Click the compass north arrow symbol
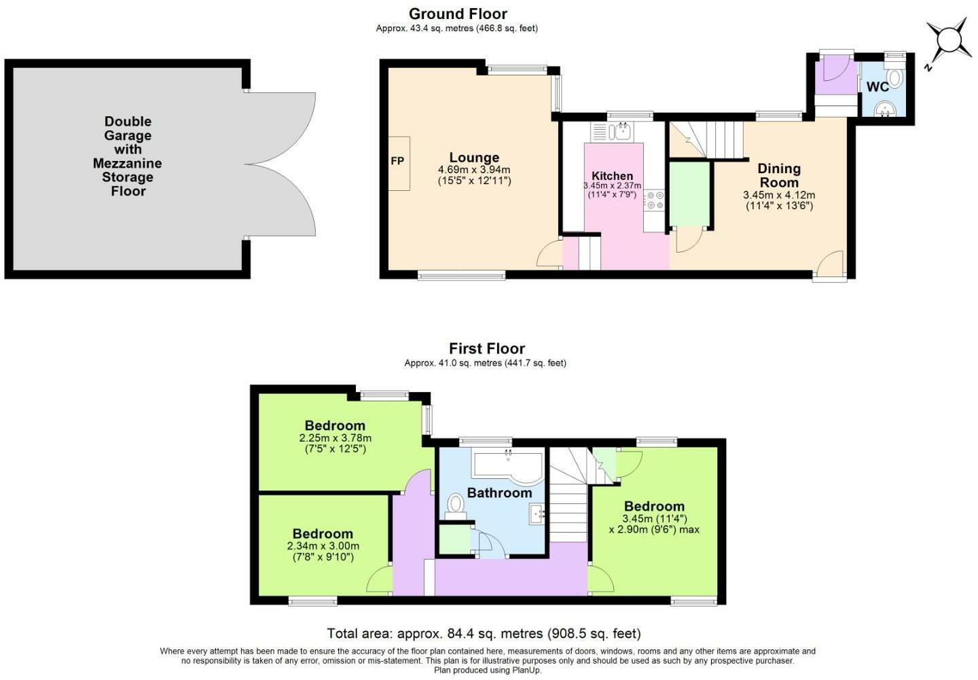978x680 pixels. pos(947,41)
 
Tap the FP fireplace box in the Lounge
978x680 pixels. pos(399,162)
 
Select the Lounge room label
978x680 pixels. pos(474,158)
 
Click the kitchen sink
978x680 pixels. pos(621,130)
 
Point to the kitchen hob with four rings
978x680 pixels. pos(655,200)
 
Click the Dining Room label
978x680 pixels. pos(778,175)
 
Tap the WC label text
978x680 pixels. pos(877,87)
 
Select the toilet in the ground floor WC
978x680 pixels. pos(894,78)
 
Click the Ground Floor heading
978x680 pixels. pos(458,14)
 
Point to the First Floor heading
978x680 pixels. pos(486,348)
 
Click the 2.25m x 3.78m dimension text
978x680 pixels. pos(335,438)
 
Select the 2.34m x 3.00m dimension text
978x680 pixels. pos(323,546)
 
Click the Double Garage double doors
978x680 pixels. pos(282,164)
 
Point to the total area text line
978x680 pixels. pos(484,634)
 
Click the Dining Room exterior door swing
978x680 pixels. pos(830,264)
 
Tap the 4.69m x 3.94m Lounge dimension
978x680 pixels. pos(474,170)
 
